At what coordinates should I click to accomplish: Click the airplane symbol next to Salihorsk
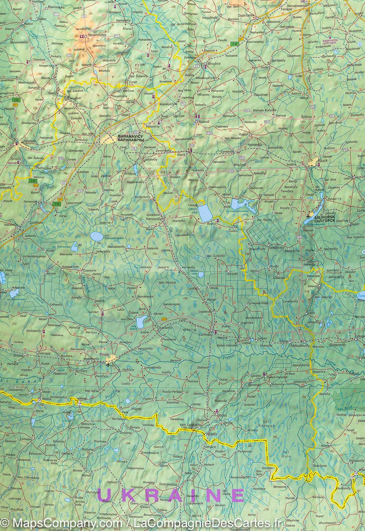coord(307,215)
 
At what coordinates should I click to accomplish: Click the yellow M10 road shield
coord(164,320)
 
